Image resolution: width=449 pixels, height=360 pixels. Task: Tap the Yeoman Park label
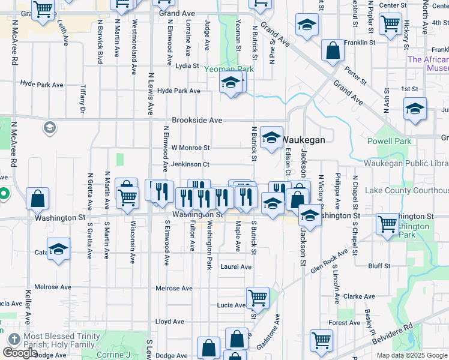tap(229, 70)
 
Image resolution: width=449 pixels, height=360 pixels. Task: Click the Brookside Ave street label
tap(197, 120)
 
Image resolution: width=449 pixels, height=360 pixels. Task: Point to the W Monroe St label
tap(190, 148)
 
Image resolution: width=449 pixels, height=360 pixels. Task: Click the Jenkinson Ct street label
tap(190, 164)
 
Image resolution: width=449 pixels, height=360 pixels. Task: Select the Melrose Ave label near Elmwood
tap(174, 289)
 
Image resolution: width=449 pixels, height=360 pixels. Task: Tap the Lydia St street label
tap(187, 66)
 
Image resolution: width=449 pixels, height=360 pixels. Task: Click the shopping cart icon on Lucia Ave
tap(258, 296)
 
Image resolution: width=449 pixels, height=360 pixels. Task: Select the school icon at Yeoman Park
tap(230, 83)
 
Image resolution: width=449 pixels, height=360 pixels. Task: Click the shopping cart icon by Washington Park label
tap(387, 224)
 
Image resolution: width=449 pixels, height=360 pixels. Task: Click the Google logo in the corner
tap(20, 353)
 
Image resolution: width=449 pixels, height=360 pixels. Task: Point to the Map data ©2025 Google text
tap(412, 355)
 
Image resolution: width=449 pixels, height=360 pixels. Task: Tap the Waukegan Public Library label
tap(406, 163)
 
